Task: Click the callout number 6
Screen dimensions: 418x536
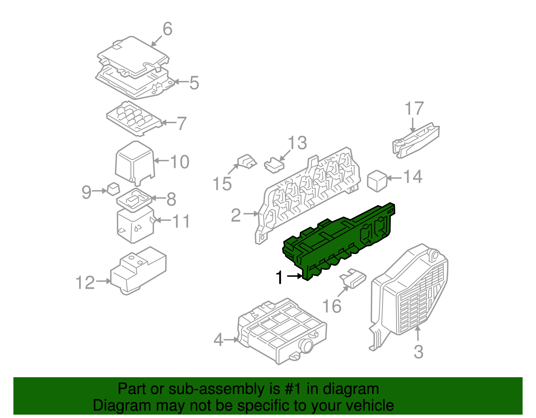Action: click(x=167, y=29)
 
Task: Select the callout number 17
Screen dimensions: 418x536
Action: click(x=414, y=109)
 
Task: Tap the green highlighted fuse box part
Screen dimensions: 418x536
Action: click(x=338, y=241)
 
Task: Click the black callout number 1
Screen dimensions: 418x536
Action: click(x=279, y=278)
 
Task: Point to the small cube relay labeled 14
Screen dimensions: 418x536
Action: click(x=377, y=181)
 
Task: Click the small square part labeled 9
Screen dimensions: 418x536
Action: click(x=113, y=189)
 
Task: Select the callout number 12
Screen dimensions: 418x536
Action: click(x=85, y=283)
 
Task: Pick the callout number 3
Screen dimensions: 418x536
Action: click(x=418, y=352)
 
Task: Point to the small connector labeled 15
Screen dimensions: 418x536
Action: click(x=247, y=162)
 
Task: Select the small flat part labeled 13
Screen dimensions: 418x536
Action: click(x=274, y=165)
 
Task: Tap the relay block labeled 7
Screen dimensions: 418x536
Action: click(x=134, y=118)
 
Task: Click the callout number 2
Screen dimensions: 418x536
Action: click(x=236, y=215)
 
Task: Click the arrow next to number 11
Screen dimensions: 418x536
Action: click(x=163, y=220)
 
